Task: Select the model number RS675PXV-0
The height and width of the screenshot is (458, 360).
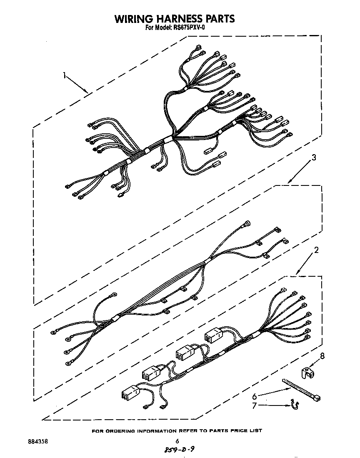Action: pos(191,28)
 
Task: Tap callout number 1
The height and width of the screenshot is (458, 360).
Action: pos(65,75)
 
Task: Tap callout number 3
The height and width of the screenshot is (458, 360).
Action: pos(314,158)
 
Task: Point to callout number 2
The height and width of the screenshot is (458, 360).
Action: pos(316,250)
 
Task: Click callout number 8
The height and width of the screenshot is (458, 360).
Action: pos(321,356)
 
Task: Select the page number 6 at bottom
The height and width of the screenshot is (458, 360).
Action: pos(177,441)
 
